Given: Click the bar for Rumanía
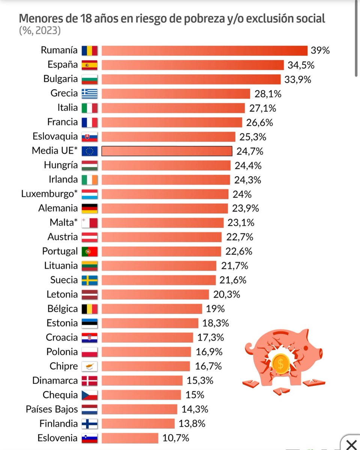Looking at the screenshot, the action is [205, 51].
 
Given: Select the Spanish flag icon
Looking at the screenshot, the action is [89, 65].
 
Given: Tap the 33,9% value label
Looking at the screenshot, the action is [298, 79].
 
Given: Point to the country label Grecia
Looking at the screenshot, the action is [64, 93].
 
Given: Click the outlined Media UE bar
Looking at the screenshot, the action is [167, 151].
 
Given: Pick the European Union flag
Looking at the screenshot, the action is [89, 151].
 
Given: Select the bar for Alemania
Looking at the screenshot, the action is [165, 208].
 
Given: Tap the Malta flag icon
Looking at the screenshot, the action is [89, 223].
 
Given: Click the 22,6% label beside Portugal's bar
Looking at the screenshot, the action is [239, 251].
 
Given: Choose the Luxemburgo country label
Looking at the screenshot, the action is [50, 194].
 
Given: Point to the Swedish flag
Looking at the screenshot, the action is [89, 280].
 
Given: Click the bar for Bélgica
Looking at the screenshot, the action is [152, 309].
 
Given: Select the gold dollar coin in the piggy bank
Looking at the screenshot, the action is [281, 364].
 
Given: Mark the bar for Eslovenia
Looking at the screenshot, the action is [130, 438].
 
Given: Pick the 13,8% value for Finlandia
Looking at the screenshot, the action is [192, 424].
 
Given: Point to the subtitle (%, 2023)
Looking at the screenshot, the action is [40, 30].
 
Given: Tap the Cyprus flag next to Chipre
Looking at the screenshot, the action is [89, 367].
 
